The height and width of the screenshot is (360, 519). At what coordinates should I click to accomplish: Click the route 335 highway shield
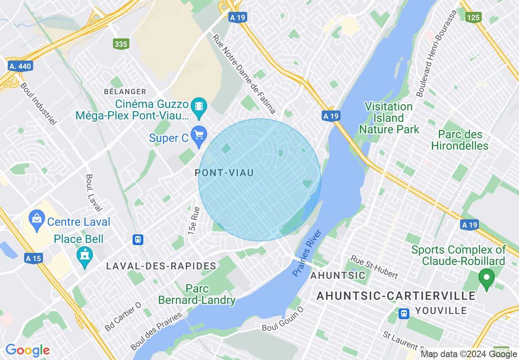(x=121, y=44)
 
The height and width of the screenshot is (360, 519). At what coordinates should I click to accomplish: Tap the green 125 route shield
(x=473, y=17)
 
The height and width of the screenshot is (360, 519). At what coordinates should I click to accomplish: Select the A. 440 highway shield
(x=20, y=66)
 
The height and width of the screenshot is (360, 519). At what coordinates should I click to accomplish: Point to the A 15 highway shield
(x=34, y=259)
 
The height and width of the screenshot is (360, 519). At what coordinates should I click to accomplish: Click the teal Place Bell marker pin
(x=85, y=256)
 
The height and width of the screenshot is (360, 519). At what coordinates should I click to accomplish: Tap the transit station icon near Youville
(x=404, y=313)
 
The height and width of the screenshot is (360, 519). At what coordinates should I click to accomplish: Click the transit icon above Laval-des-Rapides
(x=138, y=240)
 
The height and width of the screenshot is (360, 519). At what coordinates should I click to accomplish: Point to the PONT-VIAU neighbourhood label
(x=224, y=173)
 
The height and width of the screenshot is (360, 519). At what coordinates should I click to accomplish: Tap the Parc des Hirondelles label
(x=460, y=140)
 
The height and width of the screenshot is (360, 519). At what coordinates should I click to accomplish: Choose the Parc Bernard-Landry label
(x=196, y=295)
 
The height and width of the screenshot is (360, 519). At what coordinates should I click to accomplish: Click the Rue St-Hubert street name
(x=374, y=267)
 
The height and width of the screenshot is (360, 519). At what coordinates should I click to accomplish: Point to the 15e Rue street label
(x=194, y=220)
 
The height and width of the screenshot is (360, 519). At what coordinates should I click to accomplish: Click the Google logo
(x=27, y=350)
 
